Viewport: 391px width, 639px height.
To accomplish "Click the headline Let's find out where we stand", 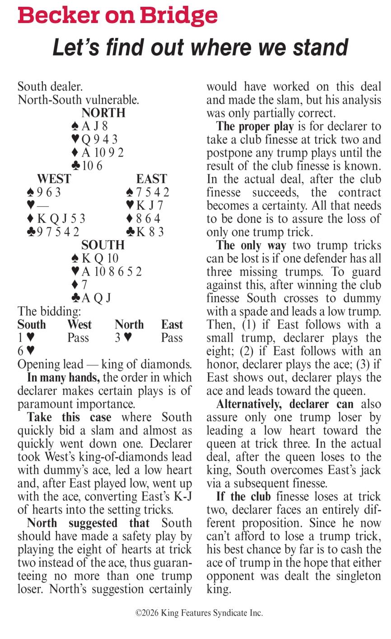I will pyautogui.click(x=200, y=47).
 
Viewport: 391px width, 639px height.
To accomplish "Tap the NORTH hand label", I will pyautogui.click(x=103, y=113).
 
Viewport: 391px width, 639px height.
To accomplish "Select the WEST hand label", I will pyautogui.click(x=54, y=179).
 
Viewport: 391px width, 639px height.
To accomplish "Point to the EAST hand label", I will pyautogui.click(x=152, y=179).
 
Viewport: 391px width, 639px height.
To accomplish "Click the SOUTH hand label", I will pyautogui.click(x=103, y=245).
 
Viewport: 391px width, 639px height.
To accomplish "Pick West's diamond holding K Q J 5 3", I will pyautogui.click(x=56, y=219).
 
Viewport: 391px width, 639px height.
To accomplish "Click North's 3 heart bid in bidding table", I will pyautogui.click(x=123, y=338).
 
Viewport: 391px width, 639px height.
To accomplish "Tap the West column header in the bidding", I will pyautogui.click(x=79, y=325).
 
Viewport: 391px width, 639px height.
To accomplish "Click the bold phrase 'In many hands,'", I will pyautogui.click(x=63, y=378).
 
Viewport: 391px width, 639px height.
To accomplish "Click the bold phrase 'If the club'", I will pyautogui.click(x=243, y=497).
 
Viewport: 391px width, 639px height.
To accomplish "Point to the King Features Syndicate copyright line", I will pyautogui.click(x=199, y=613).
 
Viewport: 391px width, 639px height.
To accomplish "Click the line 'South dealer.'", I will pyautogui.click(x=50, y=87).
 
